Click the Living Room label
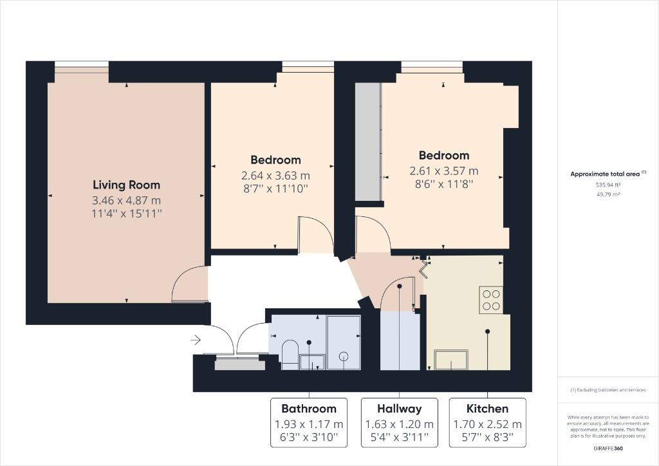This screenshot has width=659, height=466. click(x=127, y=185)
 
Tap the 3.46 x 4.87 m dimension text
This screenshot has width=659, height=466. click(x=127, y=200)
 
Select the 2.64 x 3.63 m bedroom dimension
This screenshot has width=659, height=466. click(x=275, y=175)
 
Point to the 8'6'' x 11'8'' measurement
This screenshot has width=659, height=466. click(x=444, y=183)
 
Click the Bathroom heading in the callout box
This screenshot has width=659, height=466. click(x=309, y=409)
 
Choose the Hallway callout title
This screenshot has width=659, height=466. click(x=399, y=409)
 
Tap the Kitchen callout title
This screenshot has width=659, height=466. click(x=488, y=409)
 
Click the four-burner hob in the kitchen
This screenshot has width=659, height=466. click(x=491, y=300)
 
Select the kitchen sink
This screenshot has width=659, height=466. click(x=452, y=360)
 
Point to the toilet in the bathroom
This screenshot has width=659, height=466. click(x=290, y=354)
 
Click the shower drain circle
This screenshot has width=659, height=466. click(x=344, y=356)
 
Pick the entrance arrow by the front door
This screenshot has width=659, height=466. click(x=196, y=339)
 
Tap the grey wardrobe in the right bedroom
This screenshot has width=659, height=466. click(x=368, y=142)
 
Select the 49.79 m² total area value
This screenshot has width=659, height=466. click(x=608, y=194)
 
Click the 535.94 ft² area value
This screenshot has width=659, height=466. click(x=608, y=185)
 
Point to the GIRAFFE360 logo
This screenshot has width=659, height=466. click(x=608, y=448)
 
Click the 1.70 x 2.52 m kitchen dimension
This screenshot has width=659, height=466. click(x=488, y=424)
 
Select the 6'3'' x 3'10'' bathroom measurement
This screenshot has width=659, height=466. click(x=309, y=438)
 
